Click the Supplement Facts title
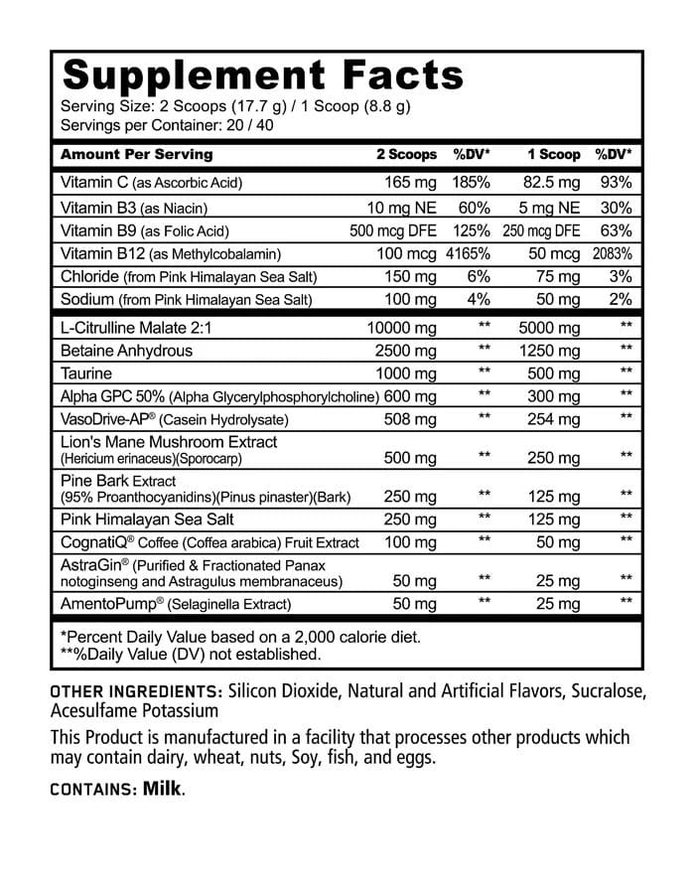[x=262, y=75]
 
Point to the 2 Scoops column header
[x=405, y=155]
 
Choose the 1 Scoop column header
[x=553, y=155]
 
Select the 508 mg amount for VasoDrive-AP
[x=410, y=419]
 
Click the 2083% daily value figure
[x=613, y=253]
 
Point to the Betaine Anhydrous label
[x=126, y=351]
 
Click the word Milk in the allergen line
[x=163, y=789]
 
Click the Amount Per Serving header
[x=136, y=155]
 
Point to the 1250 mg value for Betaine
[x=549, y=351]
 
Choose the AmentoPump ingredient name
[x=104, y=604]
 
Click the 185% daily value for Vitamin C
[x=472, y=183]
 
